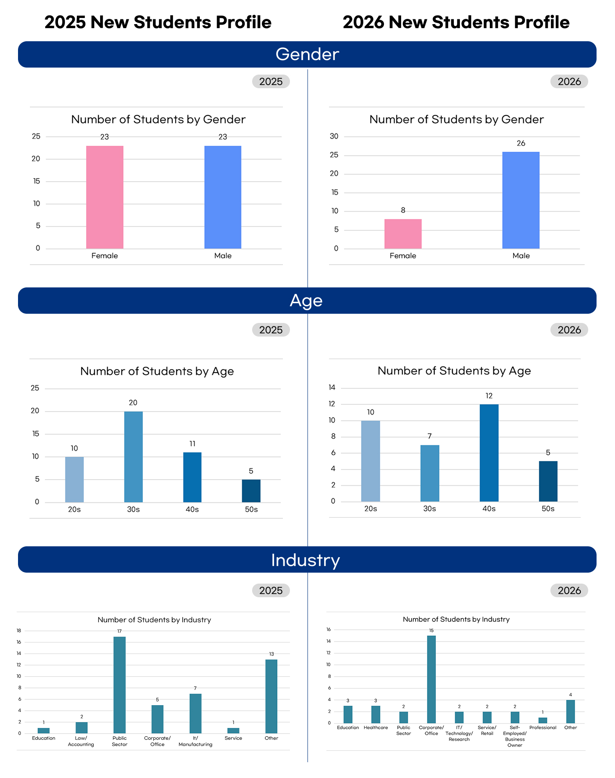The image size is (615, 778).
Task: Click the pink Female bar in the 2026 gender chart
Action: [x=403, y=234]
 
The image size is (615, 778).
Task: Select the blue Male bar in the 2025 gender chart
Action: [x=223, y=197]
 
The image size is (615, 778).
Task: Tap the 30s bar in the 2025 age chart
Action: [x=134, y=457]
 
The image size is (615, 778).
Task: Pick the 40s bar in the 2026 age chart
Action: [x=489, y=453]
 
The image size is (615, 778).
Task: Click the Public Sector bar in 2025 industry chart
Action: [x=119, y=685]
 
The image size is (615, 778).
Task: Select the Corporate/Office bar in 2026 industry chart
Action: [x=431, y=679]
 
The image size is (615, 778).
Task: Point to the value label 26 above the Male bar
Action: [x=521, y=143]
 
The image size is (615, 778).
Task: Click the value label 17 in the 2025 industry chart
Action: [x=119, y=631]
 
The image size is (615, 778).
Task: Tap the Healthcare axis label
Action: [x=376, y=728]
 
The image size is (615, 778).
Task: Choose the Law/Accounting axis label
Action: [x=81, y=741]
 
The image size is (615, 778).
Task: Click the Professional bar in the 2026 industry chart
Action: [x=543, y=721]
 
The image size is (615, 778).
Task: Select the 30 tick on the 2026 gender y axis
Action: [x=334, y=136]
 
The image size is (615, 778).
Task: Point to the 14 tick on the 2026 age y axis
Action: [x=332, y=387]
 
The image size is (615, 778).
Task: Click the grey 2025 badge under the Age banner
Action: [x=271, y=330]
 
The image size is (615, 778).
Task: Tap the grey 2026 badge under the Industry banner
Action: [x=569, y=591]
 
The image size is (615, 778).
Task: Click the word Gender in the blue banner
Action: [x=307, y=54]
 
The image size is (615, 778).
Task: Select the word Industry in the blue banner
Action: [x=306, y=560]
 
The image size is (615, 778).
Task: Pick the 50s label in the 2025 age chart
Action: [x=251, y=509]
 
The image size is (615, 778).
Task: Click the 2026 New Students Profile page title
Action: [x=456, y=22]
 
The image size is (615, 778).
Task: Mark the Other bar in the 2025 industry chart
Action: [x=271, y=696]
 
